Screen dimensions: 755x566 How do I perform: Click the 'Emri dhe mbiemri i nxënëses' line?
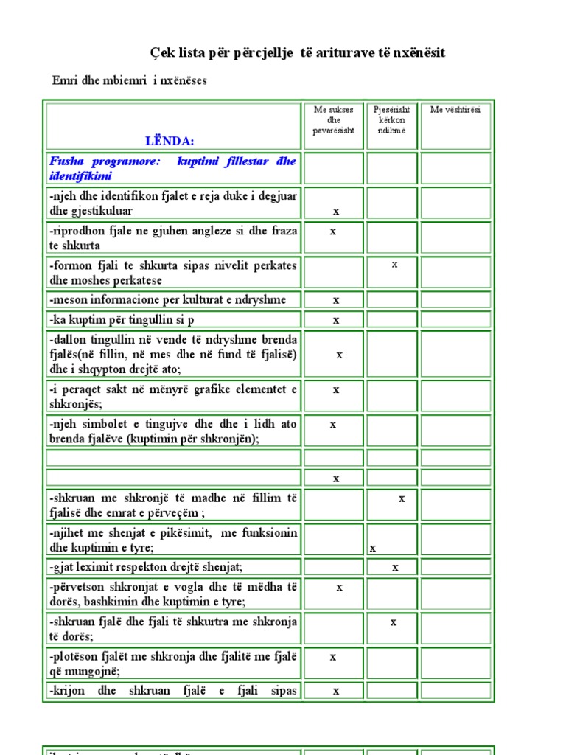pyautogui.click(x=130, y=80)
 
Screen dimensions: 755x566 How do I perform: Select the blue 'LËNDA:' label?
pyautogui.click(x=170, y=140)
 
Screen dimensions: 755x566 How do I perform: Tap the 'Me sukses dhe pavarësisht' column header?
pyautogui.click(x=333, y=120)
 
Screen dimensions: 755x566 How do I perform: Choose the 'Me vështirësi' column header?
pyautogui.click(x=455, y=110)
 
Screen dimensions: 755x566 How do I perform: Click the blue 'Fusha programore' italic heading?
pyautogui.click(x=173, y=168)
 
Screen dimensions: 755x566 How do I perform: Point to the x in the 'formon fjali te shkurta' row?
pyautogui.click(x=394, y=264)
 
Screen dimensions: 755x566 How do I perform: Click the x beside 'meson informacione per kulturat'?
pyautogui.click(x=336, y=300)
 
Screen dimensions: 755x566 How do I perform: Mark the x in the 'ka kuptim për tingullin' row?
pyautogui.click(x=336, y=320)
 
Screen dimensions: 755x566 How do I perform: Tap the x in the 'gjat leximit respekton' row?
pyautogui.click(x=395, y=567)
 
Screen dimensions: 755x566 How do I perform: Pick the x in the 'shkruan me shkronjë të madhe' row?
pyautogui.click(x=402, y=498)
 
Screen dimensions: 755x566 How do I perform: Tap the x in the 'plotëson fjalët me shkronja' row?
pyautogui.click(x=333, y=656)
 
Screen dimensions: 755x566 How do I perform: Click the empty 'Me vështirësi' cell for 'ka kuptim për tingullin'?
pyautogui.click(x=455, y=320)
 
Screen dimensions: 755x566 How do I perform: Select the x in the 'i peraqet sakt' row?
pyautogui.click(x=336, y=389)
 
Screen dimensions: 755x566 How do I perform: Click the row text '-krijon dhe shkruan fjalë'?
pyautogui.click(x=173, y=691)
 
